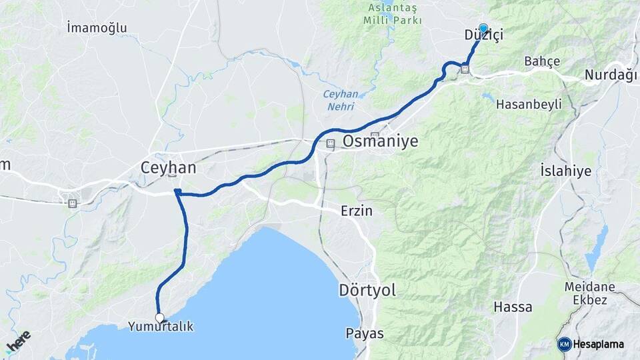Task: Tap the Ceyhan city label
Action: pyautogui.click(x=169, y=168)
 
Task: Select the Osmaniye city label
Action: pyautogui.click(x=380, y=141)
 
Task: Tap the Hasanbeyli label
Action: pyautogui.click(x=529, y=104)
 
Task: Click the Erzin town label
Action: pyautogui.click(x=356, y=211)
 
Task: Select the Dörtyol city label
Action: pyautogui.click(x=367, y=290)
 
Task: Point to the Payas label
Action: pyautogui.click(x=365, y=333)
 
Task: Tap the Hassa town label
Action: pyautogui.click(x=513, y=307)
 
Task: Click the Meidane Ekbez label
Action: pyautogui.click(x=585, y=293)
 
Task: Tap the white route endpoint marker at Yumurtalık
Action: pyautogui.click(x=159, y=317)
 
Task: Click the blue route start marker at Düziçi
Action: pyautogui.click(x=483, y=29)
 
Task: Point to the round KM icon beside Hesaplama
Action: pyautogui.click(x=565, y=344)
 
